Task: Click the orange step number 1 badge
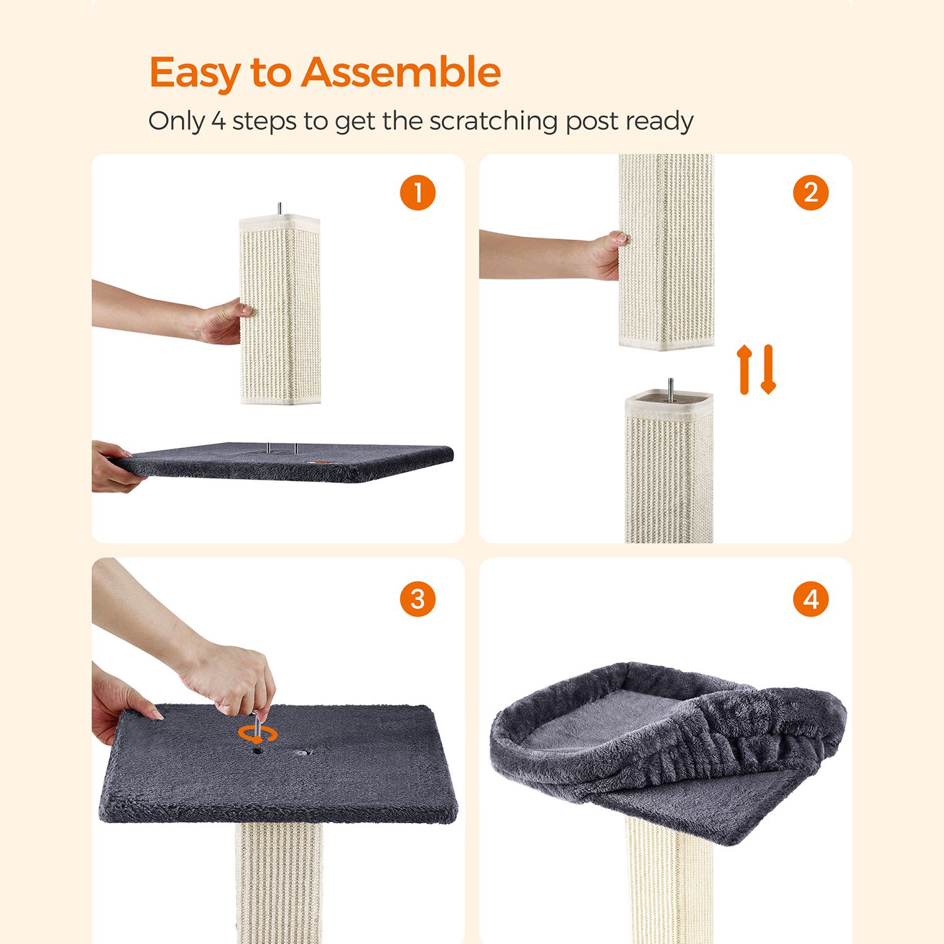tap(418, 193)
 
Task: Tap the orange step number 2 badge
tap(811, 193)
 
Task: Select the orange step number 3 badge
tap(418, 599)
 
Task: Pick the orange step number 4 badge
tap(811, 599)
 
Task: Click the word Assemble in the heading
tap(401, 72)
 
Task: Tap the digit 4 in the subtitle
tap(218, 121)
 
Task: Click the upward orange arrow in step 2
tap(745, 369)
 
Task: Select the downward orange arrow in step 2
tap(768, 369)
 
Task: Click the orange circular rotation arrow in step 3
tap(258, 734)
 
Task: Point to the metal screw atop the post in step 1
tap(280, 209)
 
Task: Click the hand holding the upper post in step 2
tap(605, 256)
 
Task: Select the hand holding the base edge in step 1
tap(115, 466)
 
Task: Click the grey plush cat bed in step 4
tap(667, 749)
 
